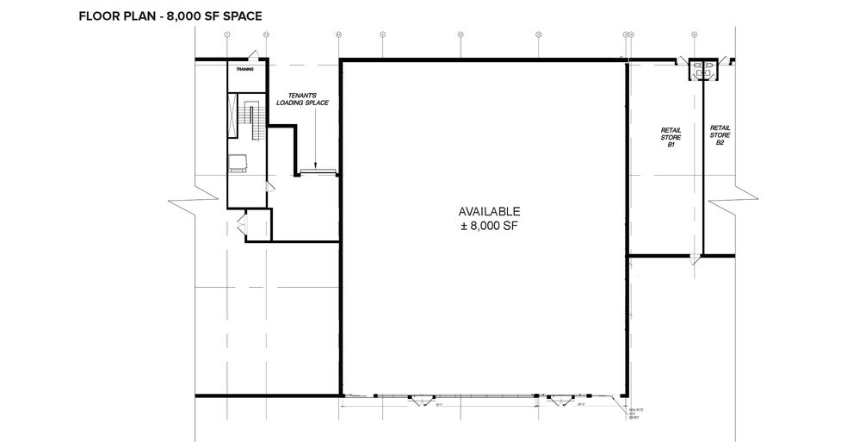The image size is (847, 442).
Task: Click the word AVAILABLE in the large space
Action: pyautogui.click(x=490, y=211)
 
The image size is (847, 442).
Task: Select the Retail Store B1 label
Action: pyautogui.click(x=670, y=137)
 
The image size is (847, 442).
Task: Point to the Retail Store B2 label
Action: pyautogui.click(x=720, y=134)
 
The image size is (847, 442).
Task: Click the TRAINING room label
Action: pyautogui.click(x=245, y=70)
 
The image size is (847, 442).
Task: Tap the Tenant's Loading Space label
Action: pyautogui.click(x=302, y=99)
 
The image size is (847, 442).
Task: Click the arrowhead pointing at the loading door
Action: pyautogui.click(x=316, y=165)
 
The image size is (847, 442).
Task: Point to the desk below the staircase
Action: pyautogui.click(x=238, y=162)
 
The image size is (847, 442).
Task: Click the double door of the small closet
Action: pyautogui.click(x=241, y=226)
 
